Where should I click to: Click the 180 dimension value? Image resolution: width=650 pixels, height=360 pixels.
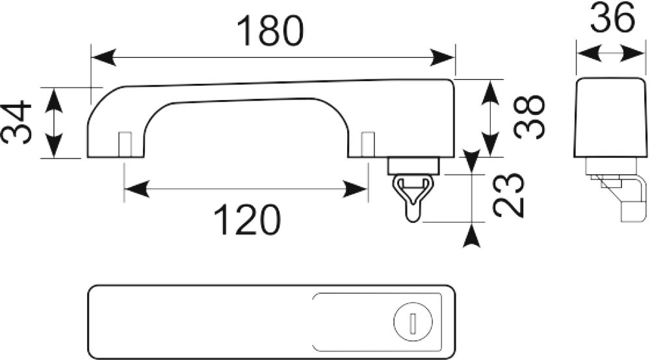[x=270, y=31]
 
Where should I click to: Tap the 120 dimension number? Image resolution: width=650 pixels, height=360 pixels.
[x=247, y=220]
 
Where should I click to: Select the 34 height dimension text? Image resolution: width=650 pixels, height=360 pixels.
[x=17, y=123]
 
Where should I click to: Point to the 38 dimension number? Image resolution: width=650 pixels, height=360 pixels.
[x=529, y=117]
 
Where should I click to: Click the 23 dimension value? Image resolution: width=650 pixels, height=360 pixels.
[x=508, y=195]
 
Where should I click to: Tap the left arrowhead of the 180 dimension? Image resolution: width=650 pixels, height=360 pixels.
[x=103, y=57]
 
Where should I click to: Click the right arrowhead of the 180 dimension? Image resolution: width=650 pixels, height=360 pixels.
[x=442, y=57]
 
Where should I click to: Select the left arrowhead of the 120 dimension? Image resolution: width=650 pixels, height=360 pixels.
[x=136, y=189]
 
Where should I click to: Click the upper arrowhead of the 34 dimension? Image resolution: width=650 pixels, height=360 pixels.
[x=53, y=100]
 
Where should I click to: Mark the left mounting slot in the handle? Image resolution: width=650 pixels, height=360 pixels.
[x=125, y=144]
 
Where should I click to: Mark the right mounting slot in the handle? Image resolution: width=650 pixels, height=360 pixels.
[x=368, y=144]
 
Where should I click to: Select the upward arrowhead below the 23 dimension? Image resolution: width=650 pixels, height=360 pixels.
[x=471, y=238]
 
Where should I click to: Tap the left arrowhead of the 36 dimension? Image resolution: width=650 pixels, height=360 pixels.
[x=589, y=53]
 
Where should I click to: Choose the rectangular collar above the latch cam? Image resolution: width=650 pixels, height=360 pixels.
[x=413, y=166]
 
